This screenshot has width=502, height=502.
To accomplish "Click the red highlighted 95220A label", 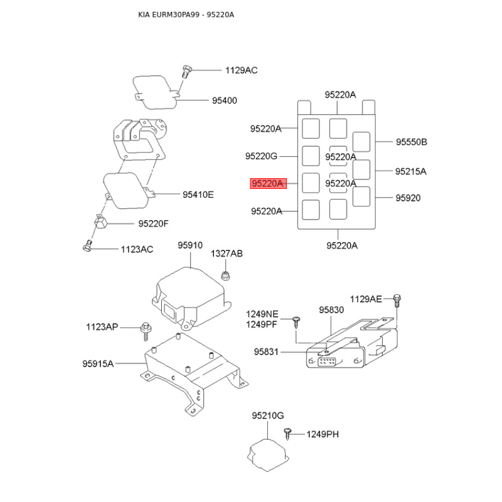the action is (x=268, y=183).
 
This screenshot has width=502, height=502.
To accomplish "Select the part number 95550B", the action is (x=412, y=142).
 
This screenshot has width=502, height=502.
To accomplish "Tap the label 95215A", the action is (x=411, y=171).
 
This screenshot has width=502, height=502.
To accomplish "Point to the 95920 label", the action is (x=408, y=198).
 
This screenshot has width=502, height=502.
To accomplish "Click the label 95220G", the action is (x=261, y=156).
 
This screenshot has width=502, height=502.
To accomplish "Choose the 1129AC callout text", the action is (x=242, y=70).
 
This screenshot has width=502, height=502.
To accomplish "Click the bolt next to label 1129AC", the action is (x=186, y=72).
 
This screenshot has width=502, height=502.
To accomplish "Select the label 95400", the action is (x=225, y=100).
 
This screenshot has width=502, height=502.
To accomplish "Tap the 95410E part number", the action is (x=198, y=195).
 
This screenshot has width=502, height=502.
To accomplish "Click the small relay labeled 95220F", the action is (x=100, y=222).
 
